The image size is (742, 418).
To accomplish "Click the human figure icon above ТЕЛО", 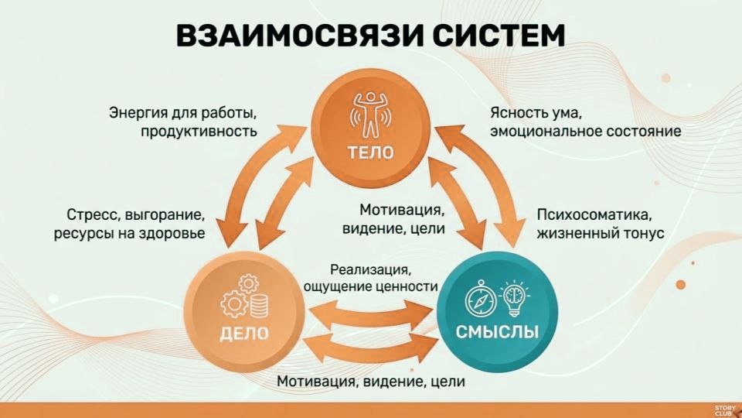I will click(x=370, y=111).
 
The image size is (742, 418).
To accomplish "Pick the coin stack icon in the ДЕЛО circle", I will click(x=259, y=303).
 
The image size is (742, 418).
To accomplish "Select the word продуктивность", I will click(x=199, y=132).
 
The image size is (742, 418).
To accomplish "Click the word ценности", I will click(x=416, y=287).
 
